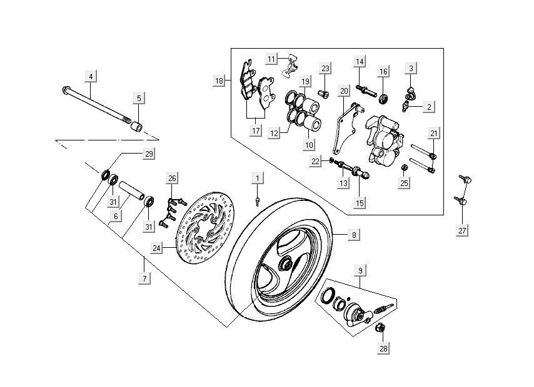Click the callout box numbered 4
tap(91, 77)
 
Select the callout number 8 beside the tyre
tap(354, 235)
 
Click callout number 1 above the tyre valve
tap(256, 179)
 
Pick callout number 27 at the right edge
tap(463, 230)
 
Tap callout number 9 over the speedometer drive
tap(360, 270)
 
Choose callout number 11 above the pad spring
tap(271, 59)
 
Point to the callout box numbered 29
tap(149, 154)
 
